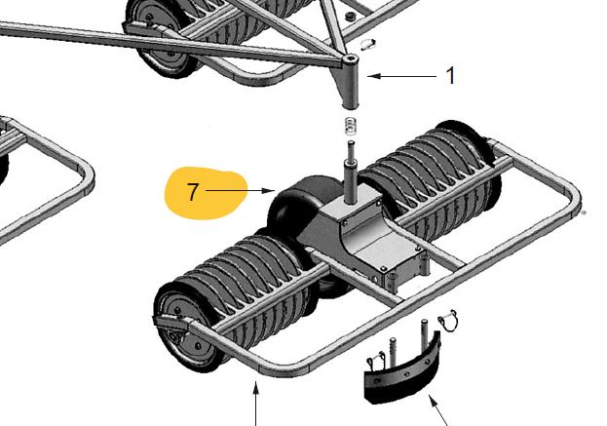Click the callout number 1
coord(450,75)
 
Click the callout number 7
coord(193,192)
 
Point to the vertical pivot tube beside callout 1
coord(351,86)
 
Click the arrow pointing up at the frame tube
coord(256,404)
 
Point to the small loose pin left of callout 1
coord(369,44)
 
